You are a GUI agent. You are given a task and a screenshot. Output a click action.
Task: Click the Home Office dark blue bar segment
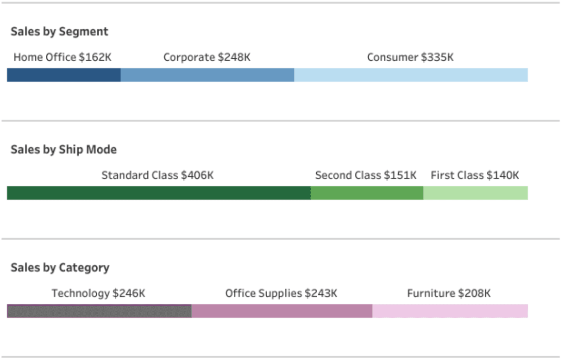pyautogui.click(x=64, y=75)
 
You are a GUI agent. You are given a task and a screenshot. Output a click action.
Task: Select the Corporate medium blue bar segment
pyautogui.click(x=207, y=75)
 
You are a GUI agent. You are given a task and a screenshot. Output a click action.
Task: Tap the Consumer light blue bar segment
pyautogui.click(x=411, y=75)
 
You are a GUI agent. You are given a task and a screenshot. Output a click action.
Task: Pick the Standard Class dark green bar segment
pyautogui.click(x=158, y=193)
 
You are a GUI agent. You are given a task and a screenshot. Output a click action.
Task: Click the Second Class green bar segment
pyautogui.click(x=367, y=193)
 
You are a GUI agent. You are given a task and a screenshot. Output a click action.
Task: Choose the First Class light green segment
pyautogui.click(x=475, y=193)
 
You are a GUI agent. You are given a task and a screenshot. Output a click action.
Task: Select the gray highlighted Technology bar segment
pyautogui.click(x=99, y=311)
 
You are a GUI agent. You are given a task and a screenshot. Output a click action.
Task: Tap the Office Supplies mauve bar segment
pyautogui.click(x=282, y=311)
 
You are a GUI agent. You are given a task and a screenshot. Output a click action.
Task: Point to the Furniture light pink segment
pyautogui.click(x=450, y=311)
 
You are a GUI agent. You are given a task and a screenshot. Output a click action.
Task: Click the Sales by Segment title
pyautogui.click(x=59, y=32)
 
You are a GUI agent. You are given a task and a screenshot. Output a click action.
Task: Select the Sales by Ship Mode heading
pyautogui.click(x=63, y=150)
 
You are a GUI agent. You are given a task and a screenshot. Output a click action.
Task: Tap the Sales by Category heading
pyautogui.click(x=60, y=268)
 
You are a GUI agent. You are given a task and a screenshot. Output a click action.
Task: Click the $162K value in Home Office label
pyautogui.click(x=95, y=57)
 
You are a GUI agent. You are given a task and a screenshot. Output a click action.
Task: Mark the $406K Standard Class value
pyautogui.click(x=197, y=175)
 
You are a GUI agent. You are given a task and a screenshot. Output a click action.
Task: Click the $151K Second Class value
pyautogui.click(x=400, y=175)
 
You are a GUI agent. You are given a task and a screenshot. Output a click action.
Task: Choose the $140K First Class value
pyautogui.click(x=502, y=175)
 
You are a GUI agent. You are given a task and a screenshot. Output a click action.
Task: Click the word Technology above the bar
pyautogui.click(x=81, y=293)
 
